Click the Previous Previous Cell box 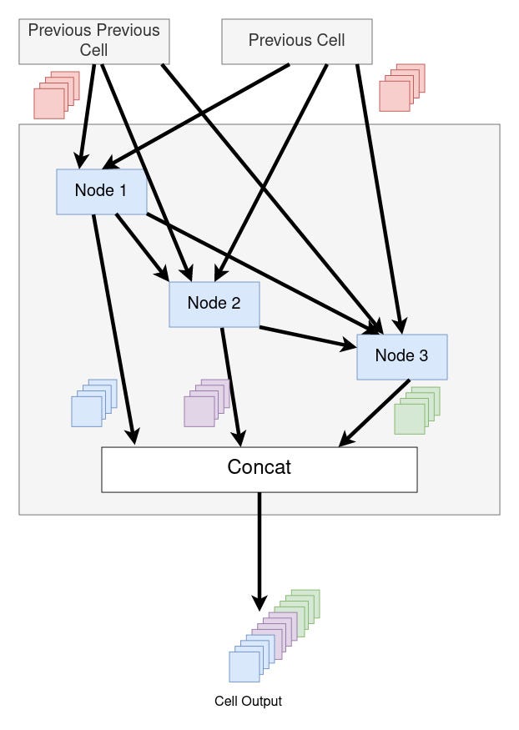[x=93, y=40]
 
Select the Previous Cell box [x=296, y=41]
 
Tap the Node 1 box [x=101, y=191]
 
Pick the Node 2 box [x=214, y=304]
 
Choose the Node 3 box [x=401, y=356]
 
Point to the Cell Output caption [x=248, y=702]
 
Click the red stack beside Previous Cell [x=401, y=88]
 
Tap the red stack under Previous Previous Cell [x=55, y=94]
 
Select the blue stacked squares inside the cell [x=93, y=404]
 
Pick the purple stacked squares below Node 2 [x=205, y=404]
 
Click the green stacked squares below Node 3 [x=416, y=410]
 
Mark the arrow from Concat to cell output [x=259, y=546]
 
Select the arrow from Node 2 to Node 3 [x=305, y=336]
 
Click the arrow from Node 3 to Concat [x=375, y=413]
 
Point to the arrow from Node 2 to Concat [x=231, y=384]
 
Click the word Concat [x=259, y=467]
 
